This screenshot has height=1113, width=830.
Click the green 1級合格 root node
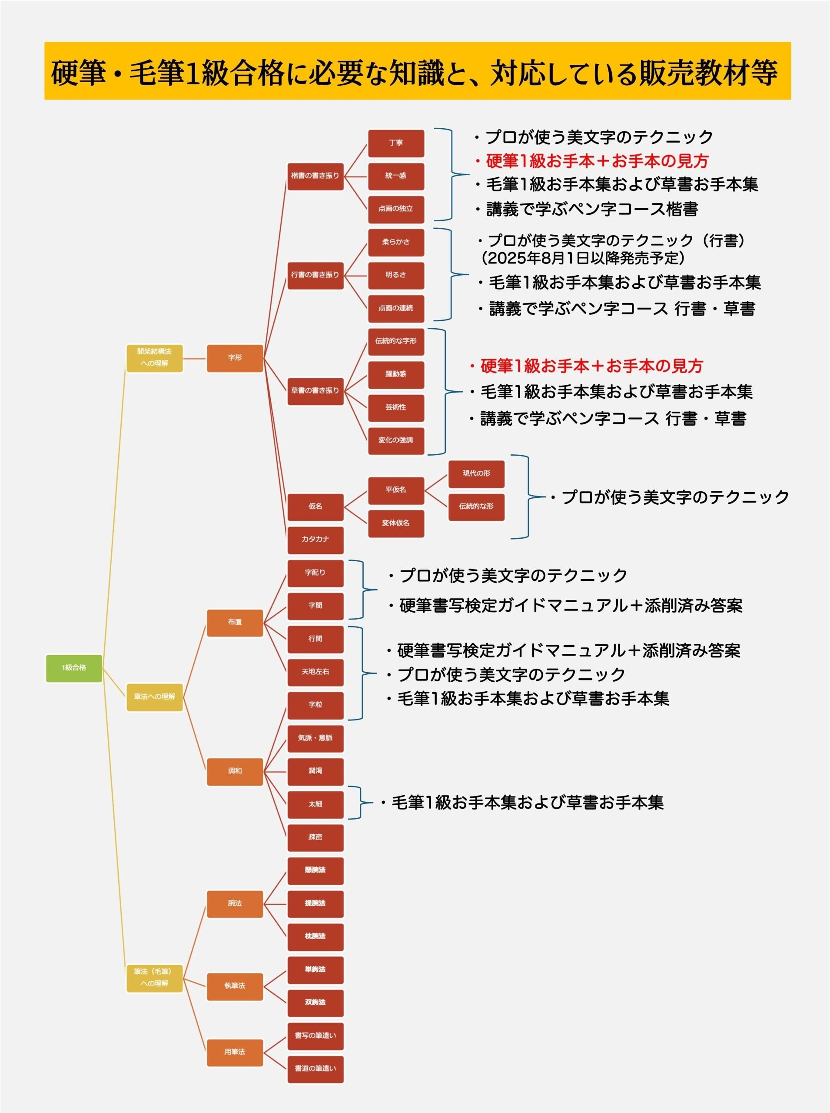(x=74, y=668)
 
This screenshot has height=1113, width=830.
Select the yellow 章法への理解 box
(x=154, y=697)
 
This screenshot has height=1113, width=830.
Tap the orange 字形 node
(x=235, y=358)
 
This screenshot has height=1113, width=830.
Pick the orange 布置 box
(x=235, y=622)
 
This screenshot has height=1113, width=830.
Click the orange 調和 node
(x=235, y=771)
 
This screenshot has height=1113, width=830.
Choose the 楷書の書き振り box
(x=315, y=176)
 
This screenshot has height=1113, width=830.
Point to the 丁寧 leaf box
(x=396, y=143)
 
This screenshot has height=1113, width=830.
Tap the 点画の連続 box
(x=396, y=308)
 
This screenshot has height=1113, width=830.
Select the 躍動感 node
(x=396, y=374)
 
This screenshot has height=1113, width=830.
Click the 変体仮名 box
(x=396, y=523)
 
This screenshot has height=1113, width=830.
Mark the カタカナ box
(x=315, y=540)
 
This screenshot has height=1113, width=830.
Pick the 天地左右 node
(x=315, y=672)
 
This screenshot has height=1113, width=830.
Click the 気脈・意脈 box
(x=315, y=738)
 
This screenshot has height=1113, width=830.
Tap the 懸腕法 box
(x=315, y=871)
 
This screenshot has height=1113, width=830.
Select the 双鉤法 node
(x=315, y=1003)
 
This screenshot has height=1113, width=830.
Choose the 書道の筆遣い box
(x=315, y=1069)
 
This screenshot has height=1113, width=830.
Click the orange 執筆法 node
(x=235, y=986)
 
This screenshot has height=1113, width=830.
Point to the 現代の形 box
(x=476, y=473)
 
